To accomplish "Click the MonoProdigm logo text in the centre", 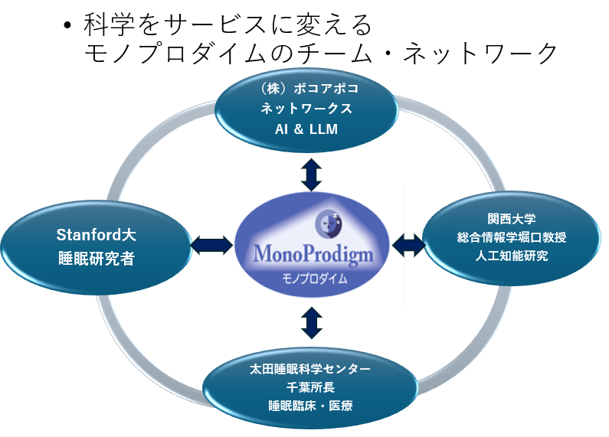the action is [313, 254].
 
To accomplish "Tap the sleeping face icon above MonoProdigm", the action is [329, 223].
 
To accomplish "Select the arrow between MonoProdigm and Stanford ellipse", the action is [211, 246].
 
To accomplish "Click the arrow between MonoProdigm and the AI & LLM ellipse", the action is [312, 174].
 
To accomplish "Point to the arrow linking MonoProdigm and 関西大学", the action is [409, 245].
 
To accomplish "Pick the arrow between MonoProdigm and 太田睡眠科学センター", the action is [312, 323].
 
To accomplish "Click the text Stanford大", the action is [97, 235].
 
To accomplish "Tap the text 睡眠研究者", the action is [97, 259].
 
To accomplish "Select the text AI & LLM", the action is [306, 129].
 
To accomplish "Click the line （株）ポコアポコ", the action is [309, 89].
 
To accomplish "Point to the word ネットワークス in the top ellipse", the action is [306, 108].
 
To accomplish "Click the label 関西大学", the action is [512, 219].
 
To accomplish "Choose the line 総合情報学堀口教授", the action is [512, 237].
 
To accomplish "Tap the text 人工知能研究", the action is [512, 256].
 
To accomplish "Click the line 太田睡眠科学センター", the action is [310, 369].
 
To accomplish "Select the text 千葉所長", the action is [310, 387].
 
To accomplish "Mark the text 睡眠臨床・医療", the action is [310, 406].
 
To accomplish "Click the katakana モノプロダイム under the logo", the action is [314, 279].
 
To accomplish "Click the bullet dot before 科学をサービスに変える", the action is [67, 25].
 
